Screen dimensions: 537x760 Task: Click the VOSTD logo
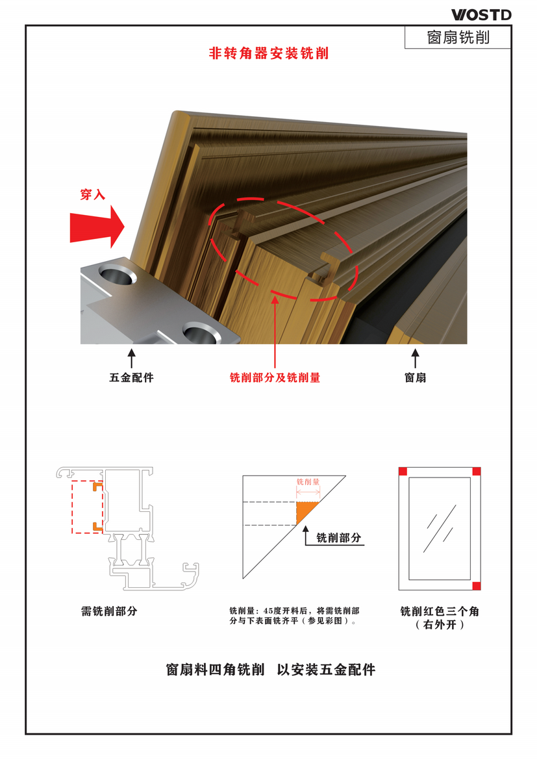pos(481,15)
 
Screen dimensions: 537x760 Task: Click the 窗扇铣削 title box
pos(458,37)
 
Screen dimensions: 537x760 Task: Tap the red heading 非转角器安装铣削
pos(269,53)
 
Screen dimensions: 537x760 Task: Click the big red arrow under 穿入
pos(97,227)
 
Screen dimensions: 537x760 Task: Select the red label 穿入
pos(93,194)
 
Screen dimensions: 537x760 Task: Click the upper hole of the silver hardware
pos(118,275)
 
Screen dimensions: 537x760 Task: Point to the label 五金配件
pos(131,377)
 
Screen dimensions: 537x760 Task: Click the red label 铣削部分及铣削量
pos(275,377)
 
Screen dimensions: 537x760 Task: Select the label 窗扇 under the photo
pos(416,377)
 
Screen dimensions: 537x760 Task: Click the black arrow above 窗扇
pos(416,358)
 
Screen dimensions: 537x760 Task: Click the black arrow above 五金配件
pos(131,358)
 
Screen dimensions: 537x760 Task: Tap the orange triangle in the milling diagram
pos(304,511)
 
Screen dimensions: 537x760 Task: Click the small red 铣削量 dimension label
pos(308,482)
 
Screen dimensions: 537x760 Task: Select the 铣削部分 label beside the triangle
pos(339,538)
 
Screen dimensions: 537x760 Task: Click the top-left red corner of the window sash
pos(403,471)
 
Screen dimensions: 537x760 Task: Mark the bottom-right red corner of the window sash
pos(477,586)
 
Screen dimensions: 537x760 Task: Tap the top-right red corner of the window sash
pos(477,471)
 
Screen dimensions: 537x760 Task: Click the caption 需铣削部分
pos(109,611)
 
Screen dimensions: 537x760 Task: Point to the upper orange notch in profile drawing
pos(97,485)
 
